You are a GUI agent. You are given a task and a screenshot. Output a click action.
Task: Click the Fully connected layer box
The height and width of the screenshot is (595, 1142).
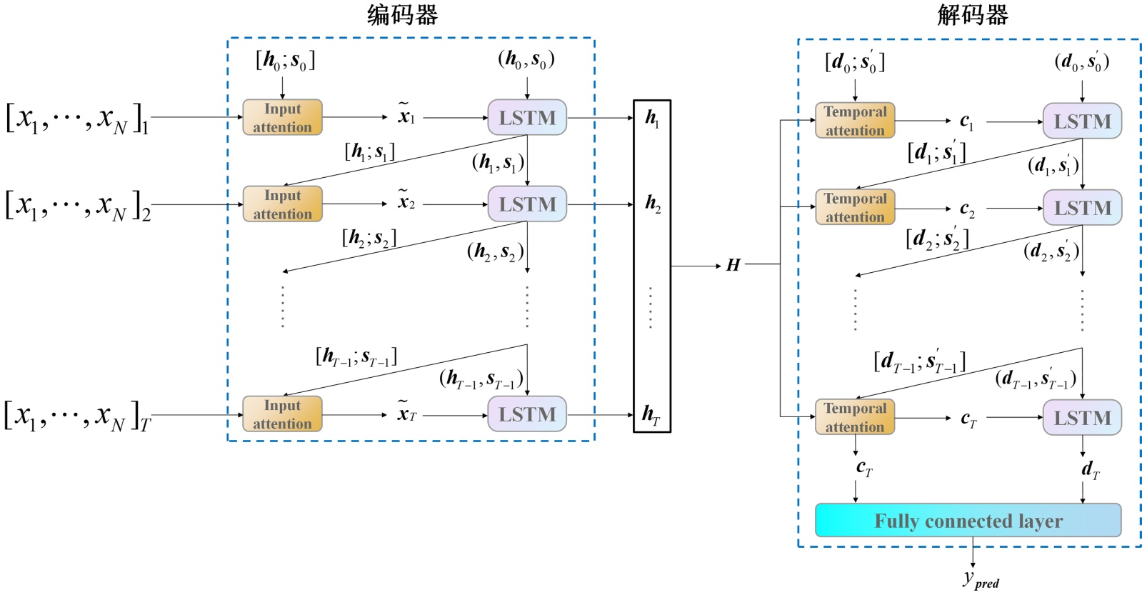(x=968, y=521)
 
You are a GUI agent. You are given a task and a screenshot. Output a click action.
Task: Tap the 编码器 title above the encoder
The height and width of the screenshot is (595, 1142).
(x=402, y=15)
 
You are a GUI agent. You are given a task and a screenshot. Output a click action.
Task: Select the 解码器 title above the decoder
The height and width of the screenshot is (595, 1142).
(x=972, y=15)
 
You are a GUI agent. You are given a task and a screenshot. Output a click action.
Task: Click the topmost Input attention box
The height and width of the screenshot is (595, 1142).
(x=282, y=118)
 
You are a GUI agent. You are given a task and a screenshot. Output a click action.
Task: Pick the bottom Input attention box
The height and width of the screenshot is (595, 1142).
(x=282, y=414)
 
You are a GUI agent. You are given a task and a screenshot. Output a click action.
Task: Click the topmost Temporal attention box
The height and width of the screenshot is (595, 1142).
(x=855, y=121)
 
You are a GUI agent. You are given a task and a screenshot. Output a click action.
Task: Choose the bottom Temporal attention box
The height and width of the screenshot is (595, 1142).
(x=855, y=417)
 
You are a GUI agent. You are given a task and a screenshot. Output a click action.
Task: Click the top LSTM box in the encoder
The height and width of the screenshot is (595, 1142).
(x=527, y=118)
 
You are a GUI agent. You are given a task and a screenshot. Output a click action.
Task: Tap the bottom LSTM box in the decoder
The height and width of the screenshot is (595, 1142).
(x=1082, y=418)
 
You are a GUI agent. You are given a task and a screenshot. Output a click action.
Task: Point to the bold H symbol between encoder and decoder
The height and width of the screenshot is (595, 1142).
(x=733, y=265)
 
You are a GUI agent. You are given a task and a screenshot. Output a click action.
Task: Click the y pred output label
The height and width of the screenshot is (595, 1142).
(x=980, y=579)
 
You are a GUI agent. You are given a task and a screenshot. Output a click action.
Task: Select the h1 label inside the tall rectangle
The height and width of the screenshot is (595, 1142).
(x=652, y=118)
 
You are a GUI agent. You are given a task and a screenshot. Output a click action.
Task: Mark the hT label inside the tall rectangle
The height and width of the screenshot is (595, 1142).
(x=651, y=414)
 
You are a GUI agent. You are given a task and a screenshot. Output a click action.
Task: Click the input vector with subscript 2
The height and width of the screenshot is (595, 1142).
(x=77, y=206)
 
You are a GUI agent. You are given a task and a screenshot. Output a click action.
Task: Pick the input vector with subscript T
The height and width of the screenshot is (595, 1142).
(x=77, y=416)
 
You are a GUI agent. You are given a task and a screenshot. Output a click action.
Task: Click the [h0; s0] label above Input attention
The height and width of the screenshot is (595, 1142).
(x=285, y=61)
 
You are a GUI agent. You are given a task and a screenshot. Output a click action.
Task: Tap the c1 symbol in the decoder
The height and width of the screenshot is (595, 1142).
(x=966, y=121)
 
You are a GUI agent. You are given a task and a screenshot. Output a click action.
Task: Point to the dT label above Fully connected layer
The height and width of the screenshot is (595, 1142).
(x=1090, y=469)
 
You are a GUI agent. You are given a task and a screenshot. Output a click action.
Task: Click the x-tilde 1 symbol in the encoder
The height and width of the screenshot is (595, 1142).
(x=406, y=115)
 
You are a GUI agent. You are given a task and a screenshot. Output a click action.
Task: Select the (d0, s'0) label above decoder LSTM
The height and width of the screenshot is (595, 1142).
(x=1081, y=62)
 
